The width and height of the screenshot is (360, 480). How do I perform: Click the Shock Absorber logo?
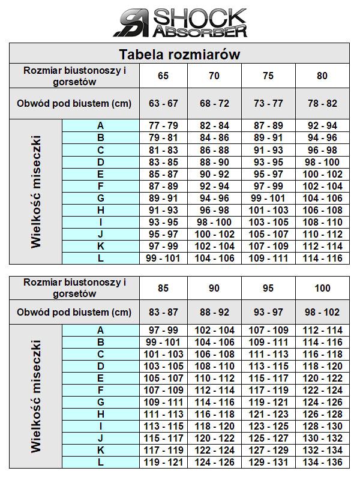tap(180, 23)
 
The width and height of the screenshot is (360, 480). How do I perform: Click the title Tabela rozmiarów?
tap(179, 55)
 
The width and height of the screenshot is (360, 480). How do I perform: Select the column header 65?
tap(163, 76)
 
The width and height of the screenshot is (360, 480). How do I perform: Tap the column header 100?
tap(322, 288)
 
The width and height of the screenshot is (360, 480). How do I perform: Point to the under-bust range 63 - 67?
tap(163, 103)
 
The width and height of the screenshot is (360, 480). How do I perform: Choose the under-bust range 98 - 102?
tap(322, 312)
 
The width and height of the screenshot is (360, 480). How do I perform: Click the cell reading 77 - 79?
tap(163, 126)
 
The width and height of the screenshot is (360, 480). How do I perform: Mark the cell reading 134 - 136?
tap(322, 463)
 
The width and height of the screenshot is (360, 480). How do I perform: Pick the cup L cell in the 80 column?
tap(322, 259)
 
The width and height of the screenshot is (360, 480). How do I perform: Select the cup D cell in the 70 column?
tap(214, 162)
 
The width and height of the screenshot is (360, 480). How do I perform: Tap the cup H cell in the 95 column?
tap(268, 415)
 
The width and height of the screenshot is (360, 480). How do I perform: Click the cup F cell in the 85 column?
tap(163, 391)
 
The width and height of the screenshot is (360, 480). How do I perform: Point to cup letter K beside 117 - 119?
tap(100, 451)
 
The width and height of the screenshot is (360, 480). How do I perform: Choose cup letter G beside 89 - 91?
tap(100, 198)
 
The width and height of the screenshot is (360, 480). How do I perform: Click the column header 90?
tap(214, 288)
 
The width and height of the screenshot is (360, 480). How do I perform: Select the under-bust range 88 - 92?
tap(214, 312)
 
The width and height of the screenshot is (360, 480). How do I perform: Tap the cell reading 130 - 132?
tap(322, 439)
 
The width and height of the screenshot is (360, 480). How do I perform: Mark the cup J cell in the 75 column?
tap(268, 234)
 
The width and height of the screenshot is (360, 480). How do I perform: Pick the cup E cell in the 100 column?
tap(322, 379)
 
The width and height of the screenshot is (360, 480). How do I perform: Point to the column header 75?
tap(268, 76)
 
